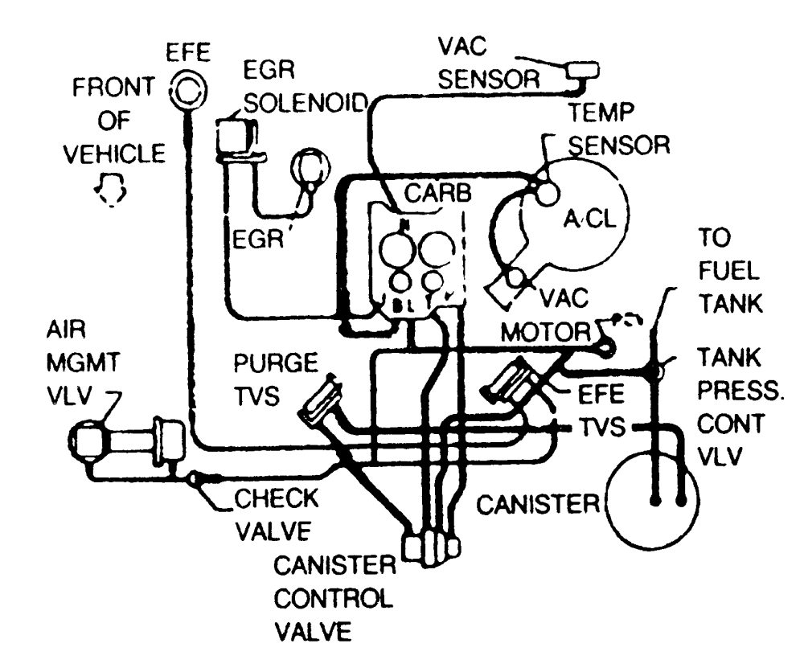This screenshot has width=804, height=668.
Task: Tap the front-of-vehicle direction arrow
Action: (110, 192)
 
